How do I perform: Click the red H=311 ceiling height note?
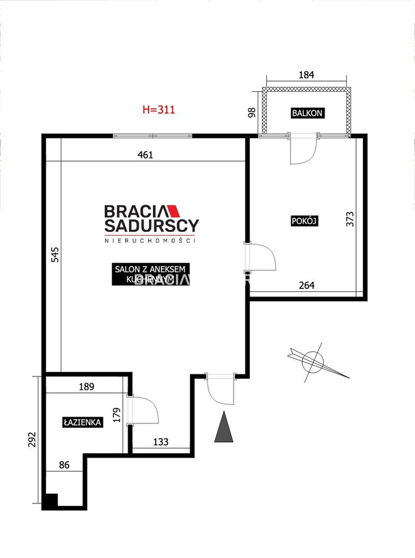pos(159,109)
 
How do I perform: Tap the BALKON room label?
pos(307,113)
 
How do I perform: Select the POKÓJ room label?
pos(304,221)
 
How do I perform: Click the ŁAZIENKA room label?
pos(82,422)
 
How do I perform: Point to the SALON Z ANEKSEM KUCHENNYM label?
pos(151,275)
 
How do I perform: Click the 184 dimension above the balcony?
pos(306,75)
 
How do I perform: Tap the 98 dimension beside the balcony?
pos(251,112)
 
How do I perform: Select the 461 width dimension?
pos(145,155)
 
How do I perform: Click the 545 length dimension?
pos(55,255)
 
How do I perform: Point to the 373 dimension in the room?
pos(351,219)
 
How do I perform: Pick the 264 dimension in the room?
pos(307,285)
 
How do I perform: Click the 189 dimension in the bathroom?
pos(87,386)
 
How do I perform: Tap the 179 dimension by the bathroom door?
pos(116,415)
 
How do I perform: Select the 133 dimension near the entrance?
pos(161,442)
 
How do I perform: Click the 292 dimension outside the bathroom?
pos(32,440)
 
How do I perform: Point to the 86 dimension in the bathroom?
pos(64,465)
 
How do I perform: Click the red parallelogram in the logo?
pos(174,211)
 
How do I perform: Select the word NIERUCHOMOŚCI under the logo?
pos(150,241)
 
